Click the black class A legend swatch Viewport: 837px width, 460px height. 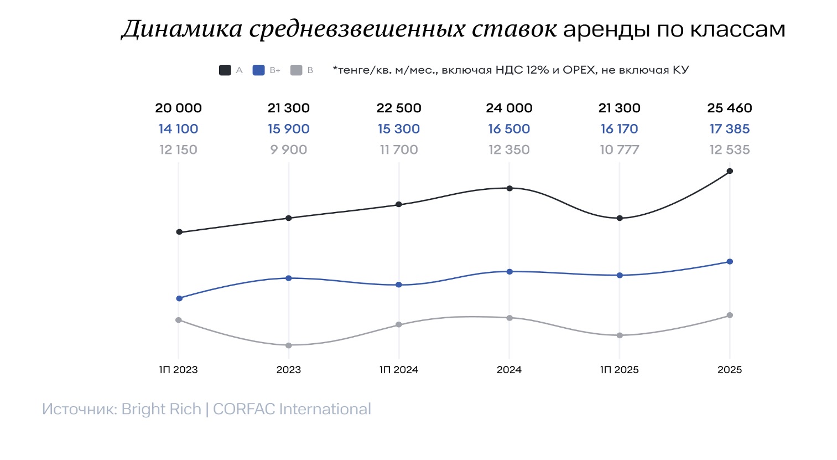[x=225, y=70]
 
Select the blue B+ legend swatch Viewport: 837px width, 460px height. [x=258, y=70]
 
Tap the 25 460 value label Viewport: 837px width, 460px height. [x=730, y=108]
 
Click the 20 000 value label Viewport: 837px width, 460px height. [x=178, y=108]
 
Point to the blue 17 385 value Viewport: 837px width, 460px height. [x=730, y=129]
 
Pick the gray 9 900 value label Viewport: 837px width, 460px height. [x=288, y=149]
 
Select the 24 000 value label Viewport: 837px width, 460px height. [x=509, y=108]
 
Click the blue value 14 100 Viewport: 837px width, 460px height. [x=178, y=129]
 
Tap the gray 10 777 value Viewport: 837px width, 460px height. [x=619, y=149]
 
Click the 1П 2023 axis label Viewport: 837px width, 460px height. [x=178, y=370]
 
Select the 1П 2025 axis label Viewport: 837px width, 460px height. [x=619, y=370]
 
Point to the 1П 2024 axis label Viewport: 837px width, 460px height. [x=399, y=370]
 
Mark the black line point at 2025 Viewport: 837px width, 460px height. [x=730, y=171]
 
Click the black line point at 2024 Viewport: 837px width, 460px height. [x=510, y=188]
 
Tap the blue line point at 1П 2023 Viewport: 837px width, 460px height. [x=179, y=298]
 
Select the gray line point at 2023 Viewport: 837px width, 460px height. [x=288, y=345]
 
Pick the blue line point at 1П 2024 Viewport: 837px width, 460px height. [x=399, y=285]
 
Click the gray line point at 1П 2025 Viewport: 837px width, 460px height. [x=620, y=335]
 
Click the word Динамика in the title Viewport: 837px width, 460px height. [x=181, y=29]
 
